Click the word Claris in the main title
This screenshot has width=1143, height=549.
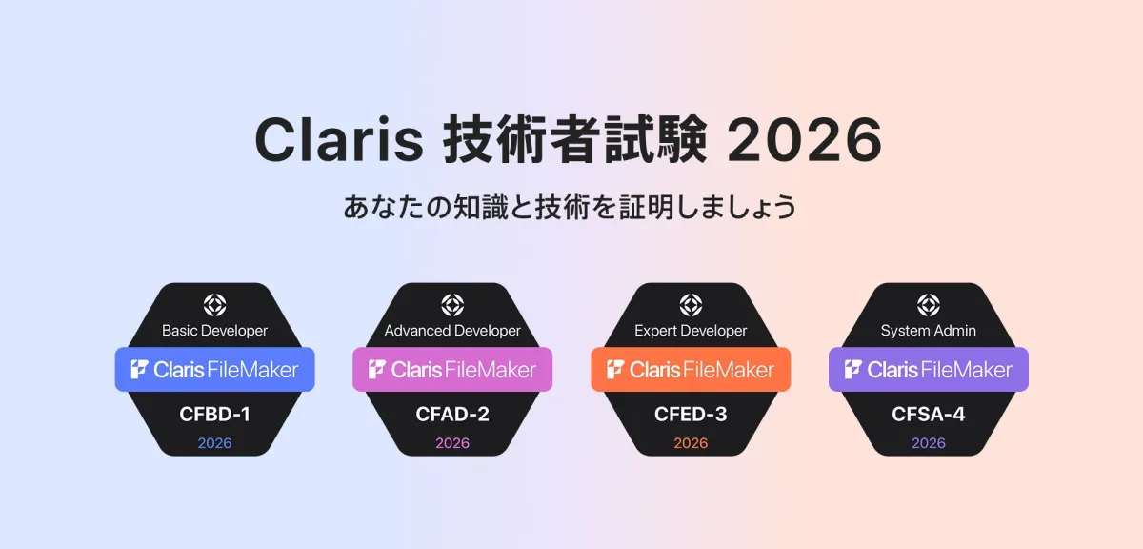coord(339,139)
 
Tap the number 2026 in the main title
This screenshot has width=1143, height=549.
coord(805,139)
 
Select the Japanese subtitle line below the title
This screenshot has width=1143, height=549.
coord(570,207)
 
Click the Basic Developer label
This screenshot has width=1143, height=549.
coord(215,331)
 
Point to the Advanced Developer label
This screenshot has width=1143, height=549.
coord(452,331)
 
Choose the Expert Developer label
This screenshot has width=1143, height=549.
coord(691,331)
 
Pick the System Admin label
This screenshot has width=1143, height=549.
coord(929,331)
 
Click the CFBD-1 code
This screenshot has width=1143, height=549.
coord(215,415)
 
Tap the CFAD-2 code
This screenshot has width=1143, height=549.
coord(452,415)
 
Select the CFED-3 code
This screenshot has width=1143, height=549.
coord(691,415)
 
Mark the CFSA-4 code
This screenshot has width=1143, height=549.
coord(929,415)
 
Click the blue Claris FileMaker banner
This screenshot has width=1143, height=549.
coord(215,369)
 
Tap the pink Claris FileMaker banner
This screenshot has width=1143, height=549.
coord(452,369)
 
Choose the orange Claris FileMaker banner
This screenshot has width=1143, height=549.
coord(691,369)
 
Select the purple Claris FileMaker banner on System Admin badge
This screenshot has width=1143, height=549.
coord(929,369)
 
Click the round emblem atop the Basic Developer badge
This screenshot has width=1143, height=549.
coord(215,305)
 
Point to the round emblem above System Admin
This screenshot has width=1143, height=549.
coord(929,305)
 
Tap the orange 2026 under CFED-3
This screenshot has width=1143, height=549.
coord(691,443)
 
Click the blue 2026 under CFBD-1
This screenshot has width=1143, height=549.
coord(215,443)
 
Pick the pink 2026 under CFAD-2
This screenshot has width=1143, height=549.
coord(452,443)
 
